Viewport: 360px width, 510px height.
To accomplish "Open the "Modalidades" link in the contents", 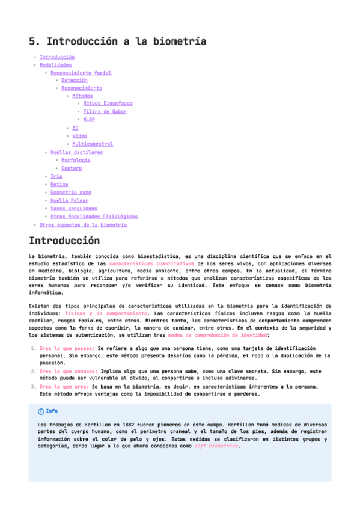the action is pos(55,65).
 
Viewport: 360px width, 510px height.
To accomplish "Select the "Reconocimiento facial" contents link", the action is pos(81,73).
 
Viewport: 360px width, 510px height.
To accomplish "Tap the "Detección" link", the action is pos(75,80).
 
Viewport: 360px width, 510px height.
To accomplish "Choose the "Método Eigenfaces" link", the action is pos(108,103).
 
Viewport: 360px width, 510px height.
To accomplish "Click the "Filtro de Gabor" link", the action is pos(105,111).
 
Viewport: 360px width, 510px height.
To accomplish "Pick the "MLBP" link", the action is pos(89,119).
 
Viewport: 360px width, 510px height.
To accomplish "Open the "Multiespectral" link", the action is pos(93,144).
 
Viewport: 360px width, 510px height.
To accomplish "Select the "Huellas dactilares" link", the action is pos(76,152).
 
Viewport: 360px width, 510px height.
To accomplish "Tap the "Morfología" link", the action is pos(76,160).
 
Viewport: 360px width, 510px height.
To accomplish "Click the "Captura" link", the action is pos(72,168).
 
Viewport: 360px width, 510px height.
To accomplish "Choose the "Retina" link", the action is pos(59,184).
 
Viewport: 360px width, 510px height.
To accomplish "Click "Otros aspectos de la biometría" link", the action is pos(83,224).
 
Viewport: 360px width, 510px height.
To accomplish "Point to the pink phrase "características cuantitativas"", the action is pos(151,263).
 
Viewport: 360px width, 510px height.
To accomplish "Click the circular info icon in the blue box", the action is pos(41,411).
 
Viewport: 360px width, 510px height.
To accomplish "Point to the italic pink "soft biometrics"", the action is pos(216,447).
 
